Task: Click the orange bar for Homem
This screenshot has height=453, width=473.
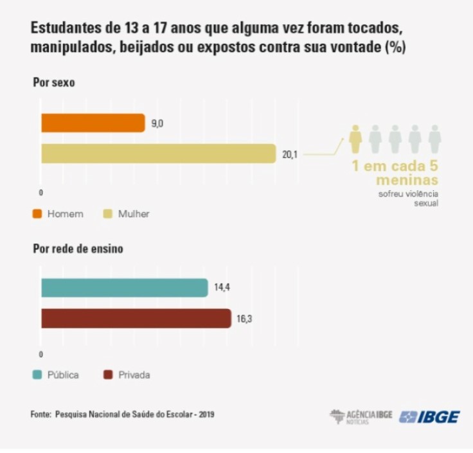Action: click(x=93, y=123)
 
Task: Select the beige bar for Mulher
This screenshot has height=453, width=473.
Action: click(x=158, y=154)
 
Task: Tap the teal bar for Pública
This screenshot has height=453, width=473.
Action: click(x=124, y=288)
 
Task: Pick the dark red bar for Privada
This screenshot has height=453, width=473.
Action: click(x=136, y=318)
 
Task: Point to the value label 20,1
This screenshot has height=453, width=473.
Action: click(x=289, y=154)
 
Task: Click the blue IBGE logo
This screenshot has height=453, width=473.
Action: click(x=429, y=416)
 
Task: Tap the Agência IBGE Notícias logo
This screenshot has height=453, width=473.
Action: click(x=361, y=416)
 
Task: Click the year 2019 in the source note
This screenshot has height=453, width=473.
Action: click(x=206, y=414)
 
